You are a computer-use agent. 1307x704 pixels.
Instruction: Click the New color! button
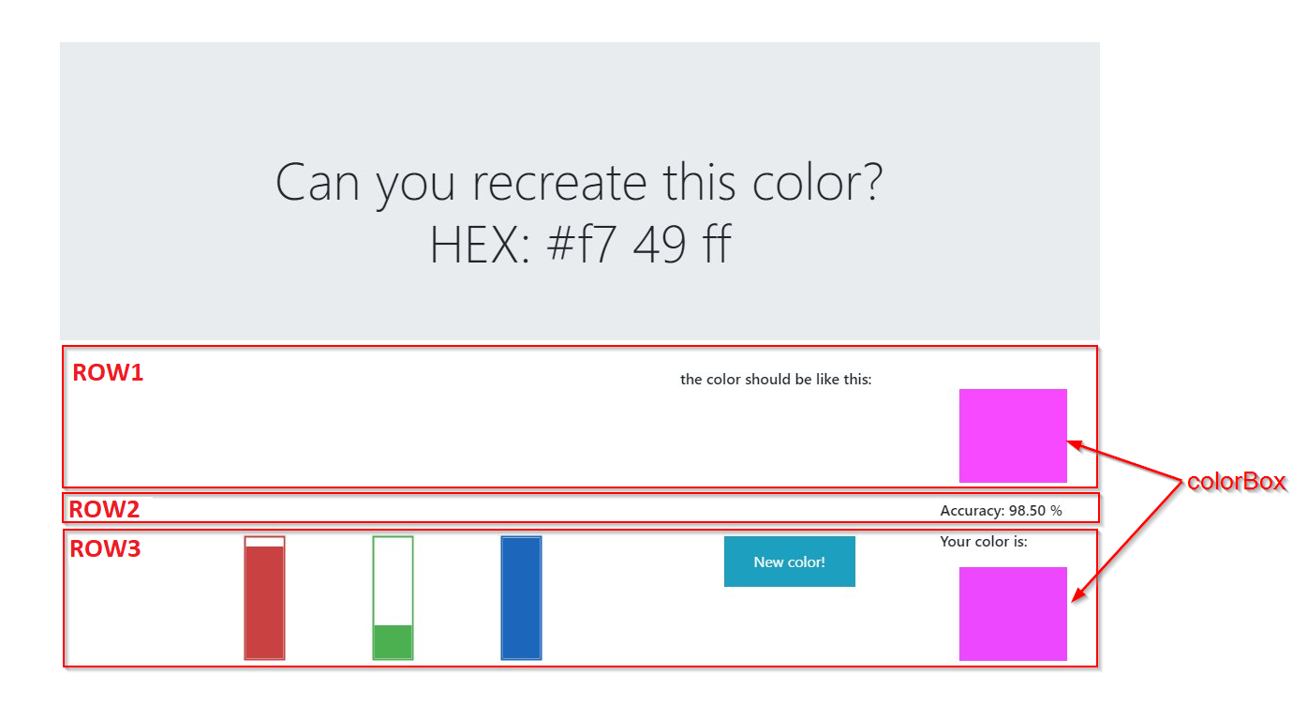point(789,562)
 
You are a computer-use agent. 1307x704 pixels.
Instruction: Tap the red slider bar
point(264,600)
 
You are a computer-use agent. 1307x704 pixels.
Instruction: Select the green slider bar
point(393,641)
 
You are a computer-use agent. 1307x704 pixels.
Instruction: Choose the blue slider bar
point(521,598)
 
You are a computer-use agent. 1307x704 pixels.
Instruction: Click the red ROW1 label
point(108,372)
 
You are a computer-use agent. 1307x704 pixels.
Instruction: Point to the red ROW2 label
point(104,509)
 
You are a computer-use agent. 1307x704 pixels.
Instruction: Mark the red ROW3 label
point(105,548)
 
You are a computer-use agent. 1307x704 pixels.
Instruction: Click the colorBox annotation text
point(1236,482)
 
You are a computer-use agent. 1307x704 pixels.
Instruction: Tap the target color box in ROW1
point(1013,435)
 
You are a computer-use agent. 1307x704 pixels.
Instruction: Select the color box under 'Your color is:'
point(1013,613)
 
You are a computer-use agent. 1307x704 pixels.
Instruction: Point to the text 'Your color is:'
point(984,541)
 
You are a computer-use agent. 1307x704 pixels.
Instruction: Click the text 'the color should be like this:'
point(776,380)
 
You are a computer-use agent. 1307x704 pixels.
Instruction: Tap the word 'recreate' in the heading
point(558,183)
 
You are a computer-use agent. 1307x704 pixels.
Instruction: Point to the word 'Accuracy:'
point(973,511)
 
